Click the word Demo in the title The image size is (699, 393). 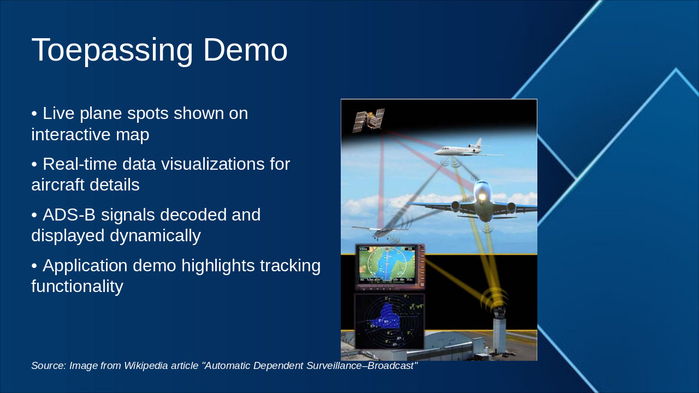[x=245, y=50]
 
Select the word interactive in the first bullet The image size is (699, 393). [x=71, y=134]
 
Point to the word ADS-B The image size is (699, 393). [x=69, y=215]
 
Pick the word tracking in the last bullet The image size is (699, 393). [x=290, y=266]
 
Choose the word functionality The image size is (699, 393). [x=78, y=287]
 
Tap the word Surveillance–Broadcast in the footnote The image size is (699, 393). [x=362, y=365]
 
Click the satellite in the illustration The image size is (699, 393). [x=368, y=120]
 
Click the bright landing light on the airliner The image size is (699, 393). [x=482, y=197]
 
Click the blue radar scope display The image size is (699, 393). [x=389, y=321]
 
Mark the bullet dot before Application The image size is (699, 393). [x=34, y=266]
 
